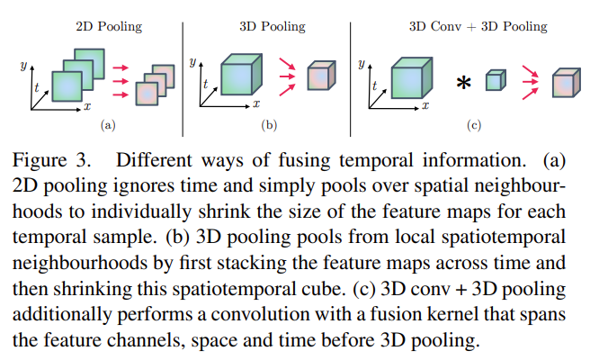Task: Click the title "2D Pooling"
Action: [108, 26]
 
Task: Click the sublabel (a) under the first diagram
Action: [108, 126]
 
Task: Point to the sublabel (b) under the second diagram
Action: [268, 126]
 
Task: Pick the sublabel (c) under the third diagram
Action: [474, 126]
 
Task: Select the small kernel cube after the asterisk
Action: [492, 82]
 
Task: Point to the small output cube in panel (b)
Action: [317, 76]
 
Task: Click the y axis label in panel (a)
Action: [22, 65]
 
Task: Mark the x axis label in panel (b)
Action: [256, 106]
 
